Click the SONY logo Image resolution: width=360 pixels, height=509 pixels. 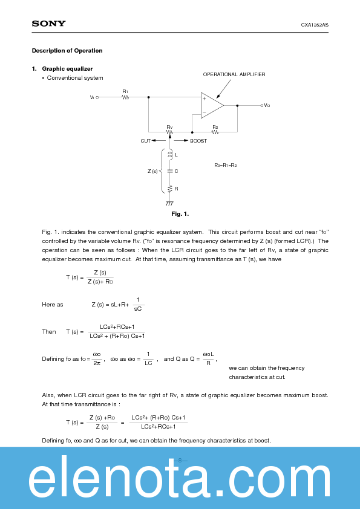[x=48, y=24]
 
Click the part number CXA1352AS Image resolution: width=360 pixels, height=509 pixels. [x=315, y=25]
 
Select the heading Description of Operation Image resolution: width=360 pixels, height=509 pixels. [x=67, y=51]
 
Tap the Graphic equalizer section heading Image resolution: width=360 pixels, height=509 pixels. [x=67, y=69]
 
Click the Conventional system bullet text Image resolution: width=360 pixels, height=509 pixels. [x=75, y=78]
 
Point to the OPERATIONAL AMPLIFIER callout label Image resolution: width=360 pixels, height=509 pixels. [x=234, y=74]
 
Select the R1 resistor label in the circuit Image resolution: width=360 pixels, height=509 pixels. [x=125, y=91]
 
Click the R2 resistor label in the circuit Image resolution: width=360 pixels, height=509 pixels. [x=215, y=128]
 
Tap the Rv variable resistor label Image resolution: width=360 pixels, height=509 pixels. [x=169, y=128]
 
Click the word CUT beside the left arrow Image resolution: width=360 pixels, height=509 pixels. [x=145, y=141]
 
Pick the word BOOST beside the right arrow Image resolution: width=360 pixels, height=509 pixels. [x=198, y=141]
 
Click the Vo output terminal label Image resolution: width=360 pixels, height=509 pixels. [x=266, y=106]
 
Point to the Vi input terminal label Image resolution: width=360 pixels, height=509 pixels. [x=92, y=97]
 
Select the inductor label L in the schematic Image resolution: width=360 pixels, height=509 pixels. [x=176, y=155]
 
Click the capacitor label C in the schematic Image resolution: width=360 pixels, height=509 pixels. [x=176, y=172]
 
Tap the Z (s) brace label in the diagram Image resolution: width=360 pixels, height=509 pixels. [x=152, y=172]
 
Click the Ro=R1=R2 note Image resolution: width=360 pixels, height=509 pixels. [x=226, y=165]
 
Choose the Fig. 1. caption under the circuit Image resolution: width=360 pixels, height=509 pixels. [x=180, y=214]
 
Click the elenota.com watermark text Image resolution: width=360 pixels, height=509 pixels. [x=180, y=481]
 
